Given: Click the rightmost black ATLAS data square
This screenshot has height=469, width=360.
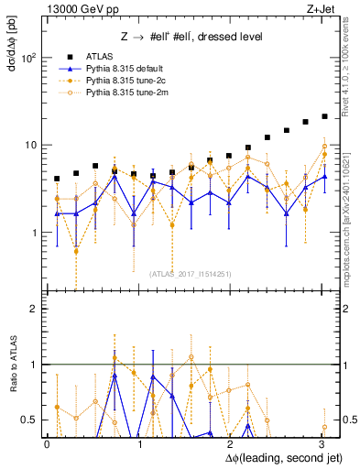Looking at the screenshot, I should tap(324, 116).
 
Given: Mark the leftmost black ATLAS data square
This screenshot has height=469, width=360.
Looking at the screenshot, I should tap(57, 179).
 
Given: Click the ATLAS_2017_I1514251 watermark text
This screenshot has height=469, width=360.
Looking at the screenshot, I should tap(191, 273).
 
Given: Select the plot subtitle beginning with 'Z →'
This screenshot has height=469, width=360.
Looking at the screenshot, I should tap(191, 37).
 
